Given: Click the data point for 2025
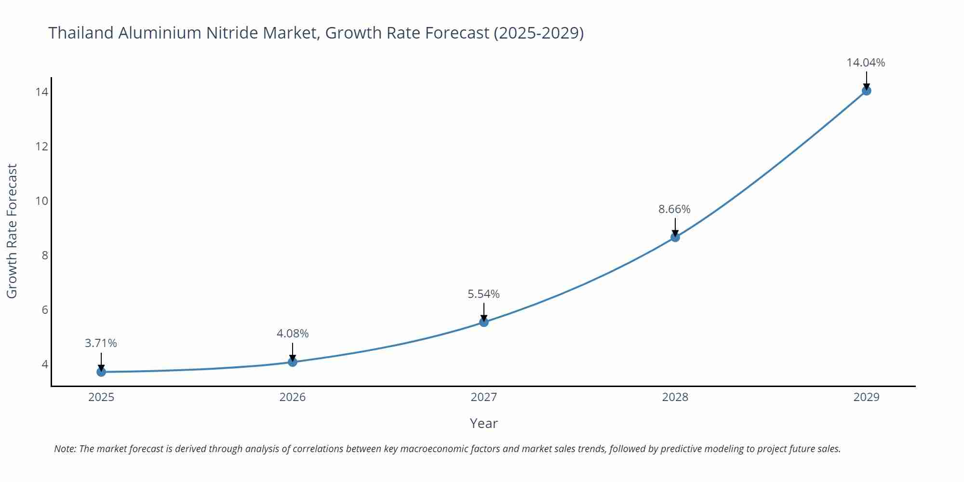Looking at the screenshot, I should point(101,372).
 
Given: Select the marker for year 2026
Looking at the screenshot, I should point(293,361).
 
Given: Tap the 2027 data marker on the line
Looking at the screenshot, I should point(484,322).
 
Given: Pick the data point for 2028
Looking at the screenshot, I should point(675,237).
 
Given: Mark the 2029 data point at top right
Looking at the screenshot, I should point(866,91).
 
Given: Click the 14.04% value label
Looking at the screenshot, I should point(866,63).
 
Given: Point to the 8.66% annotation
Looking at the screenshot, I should point(674,209).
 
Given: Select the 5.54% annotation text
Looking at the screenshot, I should point(483,294).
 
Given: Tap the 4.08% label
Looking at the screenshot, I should point(293,334).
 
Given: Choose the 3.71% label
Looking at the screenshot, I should point(101,343).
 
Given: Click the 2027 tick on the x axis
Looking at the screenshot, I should point(483,397).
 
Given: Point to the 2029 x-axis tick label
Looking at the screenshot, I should point(866,397).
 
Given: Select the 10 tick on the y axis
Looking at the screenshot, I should point(42,201).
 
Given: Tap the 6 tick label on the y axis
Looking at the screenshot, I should point(45,310).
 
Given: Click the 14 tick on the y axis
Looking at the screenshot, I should point(42,92).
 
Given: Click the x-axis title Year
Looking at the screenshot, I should point(483,423).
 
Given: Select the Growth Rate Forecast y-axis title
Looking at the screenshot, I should point(12,231).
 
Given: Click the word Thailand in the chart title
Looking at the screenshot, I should point(81,33).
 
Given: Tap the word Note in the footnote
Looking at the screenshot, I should point(65,449).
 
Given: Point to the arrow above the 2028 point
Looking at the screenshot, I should point(675,227).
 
